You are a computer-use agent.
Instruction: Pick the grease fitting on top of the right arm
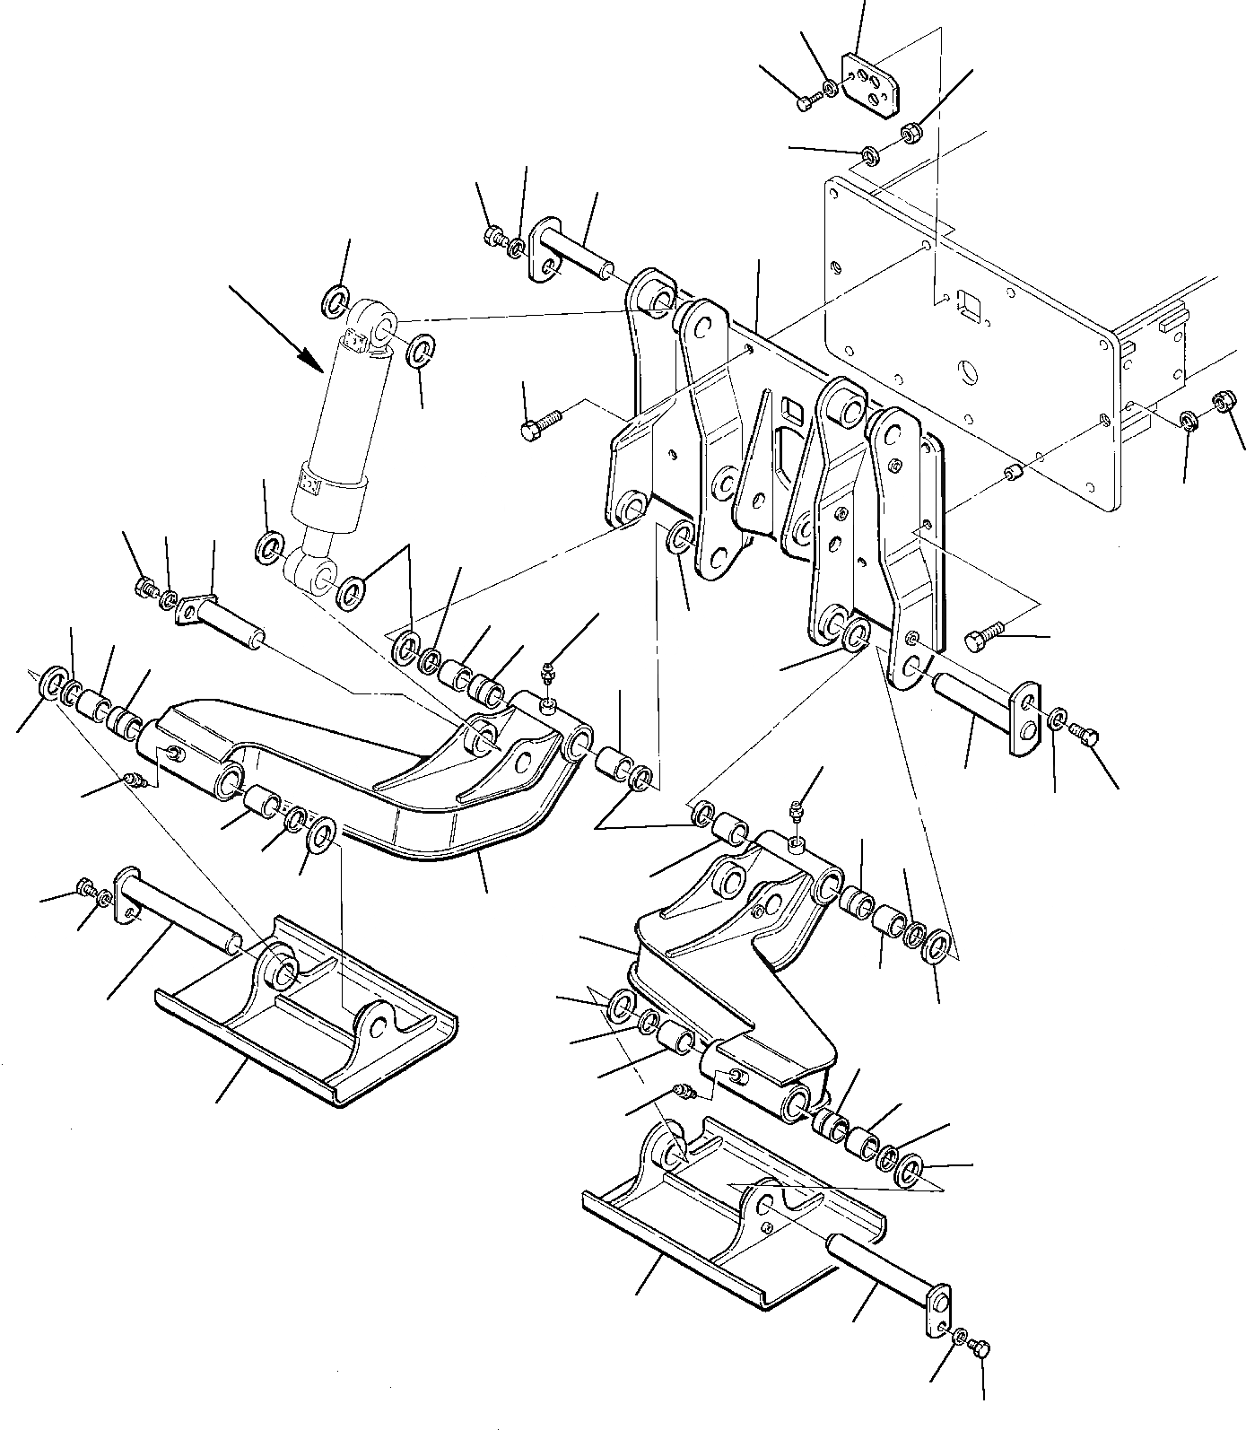click(794, 811)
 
